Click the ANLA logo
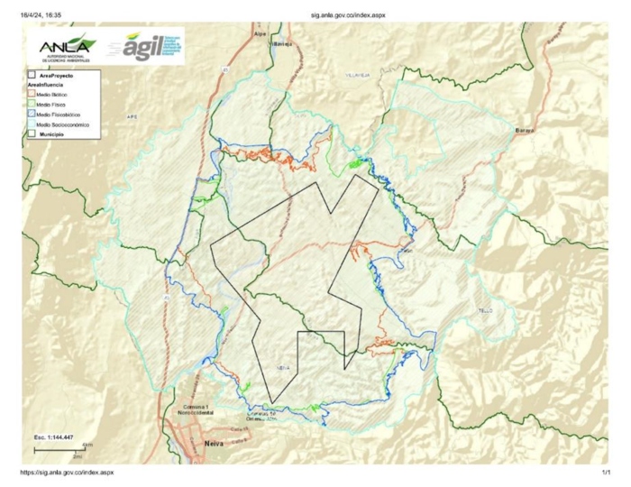coord(64,47)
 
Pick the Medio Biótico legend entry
coord(55,94)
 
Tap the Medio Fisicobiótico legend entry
coord(59,115)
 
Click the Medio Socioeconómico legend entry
coord(61,125)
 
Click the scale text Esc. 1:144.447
coord(53,436)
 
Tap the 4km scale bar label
coord(87,445)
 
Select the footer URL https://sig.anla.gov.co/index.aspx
coord(67,473)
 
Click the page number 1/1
coord(606,473)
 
